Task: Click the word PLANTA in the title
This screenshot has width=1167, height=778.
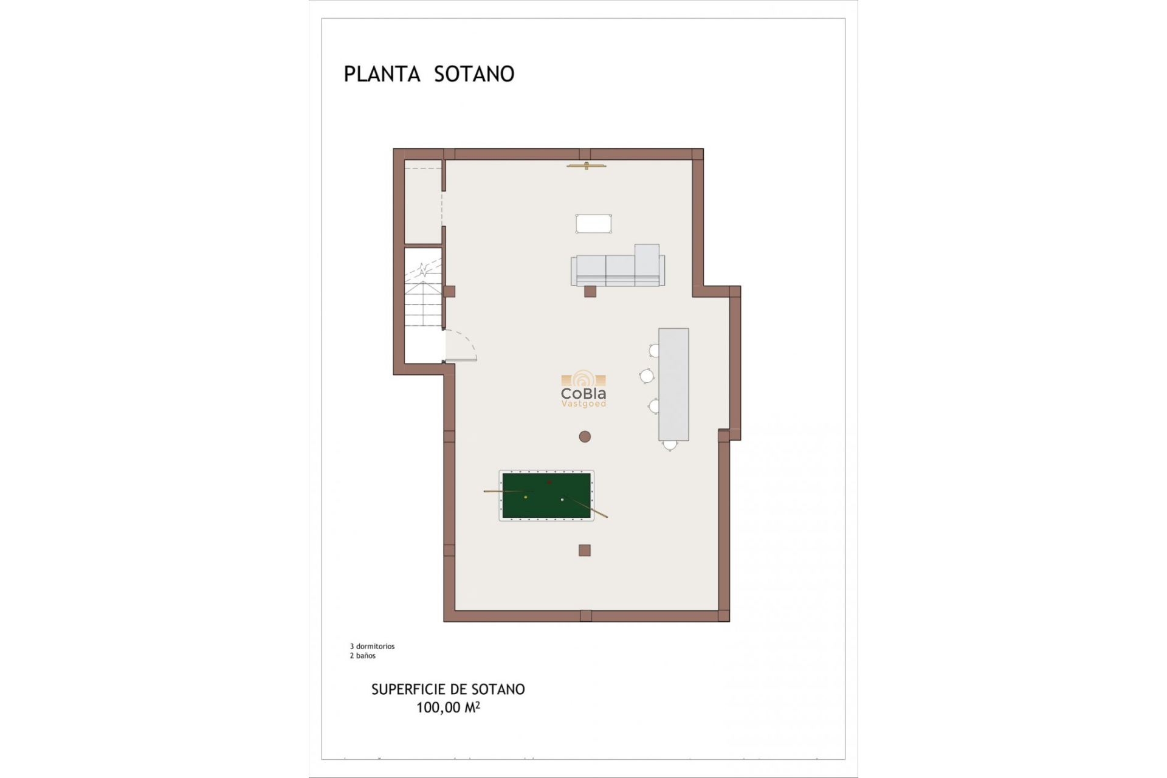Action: click(x=382, y=74)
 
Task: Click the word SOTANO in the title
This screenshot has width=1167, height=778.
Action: click(x=474, y=74)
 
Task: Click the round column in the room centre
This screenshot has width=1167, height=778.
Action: click(x=585, y=436)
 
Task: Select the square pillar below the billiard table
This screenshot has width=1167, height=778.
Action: click(x=585, y=551)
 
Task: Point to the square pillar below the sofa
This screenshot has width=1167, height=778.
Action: click(x=590, y=292)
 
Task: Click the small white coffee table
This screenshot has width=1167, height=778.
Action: click(x=593, y=224)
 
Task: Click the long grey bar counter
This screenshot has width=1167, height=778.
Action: click(x=673, y=384)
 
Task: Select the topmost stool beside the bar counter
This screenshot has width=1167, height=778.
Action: click(x=655, y=351)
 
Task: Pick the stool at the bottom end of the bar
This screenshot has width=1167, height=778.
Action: click(x=670, y=445)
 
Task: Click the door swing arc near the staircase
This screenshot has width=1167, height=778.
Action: click(x=464, y=343)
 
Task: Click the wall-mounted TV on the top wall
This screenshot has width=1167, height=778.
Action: click(x=587, y=165)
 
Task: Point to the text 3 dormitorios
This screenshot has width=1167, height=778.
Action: click(x=372, y=646)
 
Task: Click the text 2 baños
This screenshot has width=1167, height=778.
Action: click(x=363, y=656)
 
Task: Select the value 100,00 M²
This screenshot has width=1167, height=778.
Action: click(x=448, y=707)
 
